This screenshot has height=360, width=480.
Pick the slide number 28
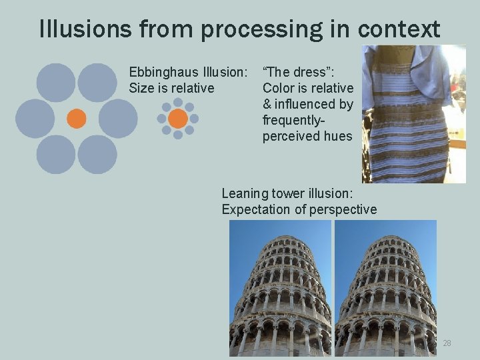click(x=447, y=343)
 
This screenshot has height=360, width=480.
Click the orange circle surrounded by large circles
click(x=77, y=118)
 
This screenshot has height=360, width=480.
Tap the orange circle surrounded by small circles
click(x=178, y=119)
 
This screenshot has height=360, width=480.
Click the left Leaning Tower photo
click(x=280, y=288)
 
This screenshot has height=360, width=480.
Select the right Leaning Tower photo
click(x=385, y=288)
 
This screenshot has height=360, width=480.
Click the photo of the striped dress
click(x=413, y=113)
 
